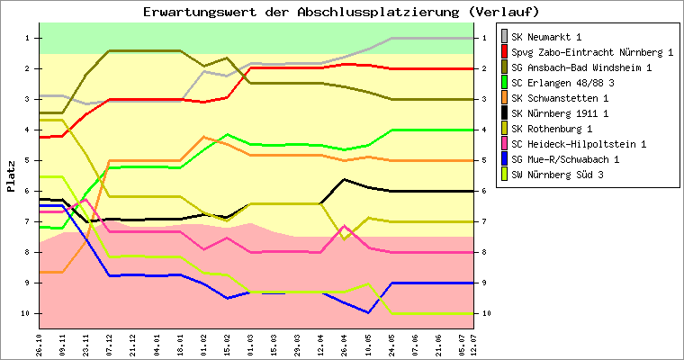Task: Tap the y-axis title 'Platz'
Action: point(11,176)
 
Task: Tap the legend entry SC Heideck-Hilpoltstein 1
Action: point(579,143)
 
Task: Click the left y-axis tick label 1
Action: point(29,38)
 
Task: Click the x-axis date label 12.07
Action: point(487,342)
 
